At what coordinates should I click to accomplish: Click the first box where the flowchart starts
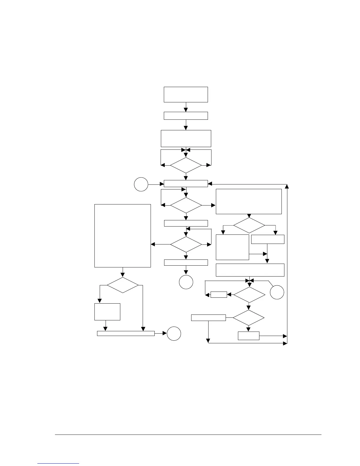[186, 94]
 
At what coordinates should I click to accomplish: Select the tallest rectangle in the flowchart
[122, 236]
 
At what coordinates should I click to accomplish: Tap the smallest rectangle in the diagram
[219, 294]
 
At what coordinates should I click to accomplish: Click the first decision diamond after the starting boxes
[186, 165]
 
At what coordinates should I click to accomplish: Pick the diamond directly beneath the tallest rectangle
[122, 285]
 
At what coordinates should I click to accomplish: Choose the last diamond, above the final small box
[249, 318]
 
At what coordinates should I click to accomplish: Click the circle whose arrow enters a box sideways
[141, 184]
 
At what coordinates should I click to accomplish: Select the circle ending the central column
[186, 282]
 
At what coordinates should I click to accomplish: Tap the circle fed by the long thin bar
[174, 334]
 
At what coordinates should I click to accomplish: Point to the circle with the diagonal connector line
[277, 292]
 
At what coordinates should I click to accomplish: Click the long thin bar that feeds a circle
[126, 333]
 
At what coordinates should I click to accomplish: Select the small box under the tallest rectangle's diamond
[107, 312]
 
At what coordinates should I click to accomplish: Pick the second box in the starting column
[186, 116]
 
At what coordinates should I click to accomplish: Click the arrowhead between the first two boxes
[186, 109]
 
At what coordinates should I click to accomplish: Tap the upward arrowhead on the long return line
[287, 187]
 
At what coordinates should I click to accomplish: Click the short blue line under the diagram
[59, 464]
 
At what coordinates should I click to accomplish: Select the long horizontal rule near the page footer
[188, 435]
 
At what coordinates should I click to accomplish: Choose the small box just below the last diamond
[249, 336]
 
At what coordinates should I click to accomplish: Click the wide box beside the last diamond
[208, 318]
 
